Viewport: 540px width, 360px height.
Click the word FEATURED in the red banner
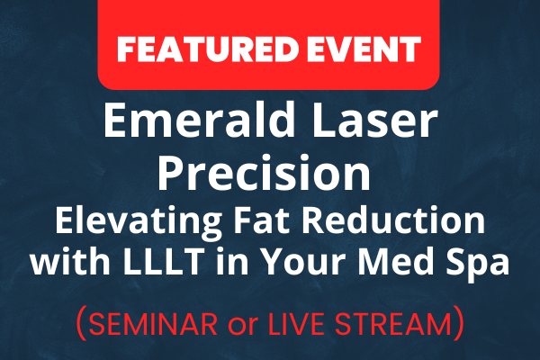coord(207,49)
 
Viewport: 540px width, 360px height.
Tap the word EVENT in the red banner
coord(364,49)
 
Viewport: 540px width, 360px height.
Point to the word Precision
coord(264,172)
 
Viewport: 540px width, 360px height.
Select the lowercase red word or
coord(243,327)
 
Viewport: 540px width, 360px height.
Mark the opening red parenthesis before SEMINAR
coord(81,323)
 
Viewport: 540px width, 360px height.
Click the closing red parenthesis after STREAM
coord(458,323)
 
